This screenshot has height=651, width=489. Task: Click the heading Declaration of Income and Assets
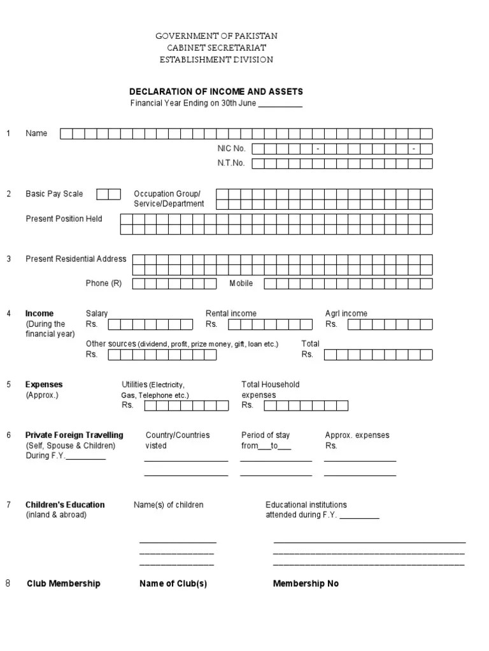[x=216, y=92]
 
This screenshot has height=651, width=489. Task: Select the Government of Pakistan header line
[x=216, y=36]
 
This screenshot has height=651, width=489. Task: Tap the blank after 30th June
[x=280, y=104]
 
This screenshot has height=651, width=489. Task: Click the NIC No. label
[x=231, y=148]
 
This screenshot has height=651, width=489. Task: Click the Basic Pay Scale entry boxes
[x=108, y=194]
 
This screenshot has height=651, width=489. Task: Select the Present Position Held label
[x=64, y=219]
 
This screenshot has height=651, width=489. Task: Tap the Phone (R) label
[x=104, y=284]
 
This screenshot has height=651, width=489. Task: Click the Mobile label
[x=241, y=284]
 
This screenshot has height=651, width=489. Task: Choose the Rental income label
[x=231, y=313]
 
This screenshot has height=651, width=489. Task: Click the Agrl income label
[x=346, y=313]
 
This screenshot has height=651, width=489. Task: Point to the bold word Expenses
[x=44, y=385]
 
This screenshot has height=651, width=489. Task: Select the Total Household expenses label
[x=270, y=390]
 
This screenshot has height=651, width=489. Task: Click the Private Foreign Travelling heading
[x=74, y=435]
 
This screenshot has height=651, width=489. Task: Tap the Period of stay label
[x=266, y=435]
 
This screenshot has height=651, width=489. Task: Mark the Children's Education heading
[x=65, y=505]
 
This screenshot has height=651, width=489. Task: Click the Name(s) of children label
[x=169, y=505]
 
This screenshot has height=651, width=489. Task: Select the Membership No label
[x=306, y=584]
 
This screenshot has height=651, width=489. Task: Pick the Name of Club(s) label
[x=173, y=584]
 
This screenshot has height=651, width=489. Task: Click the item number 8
[x=8, y=584]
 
